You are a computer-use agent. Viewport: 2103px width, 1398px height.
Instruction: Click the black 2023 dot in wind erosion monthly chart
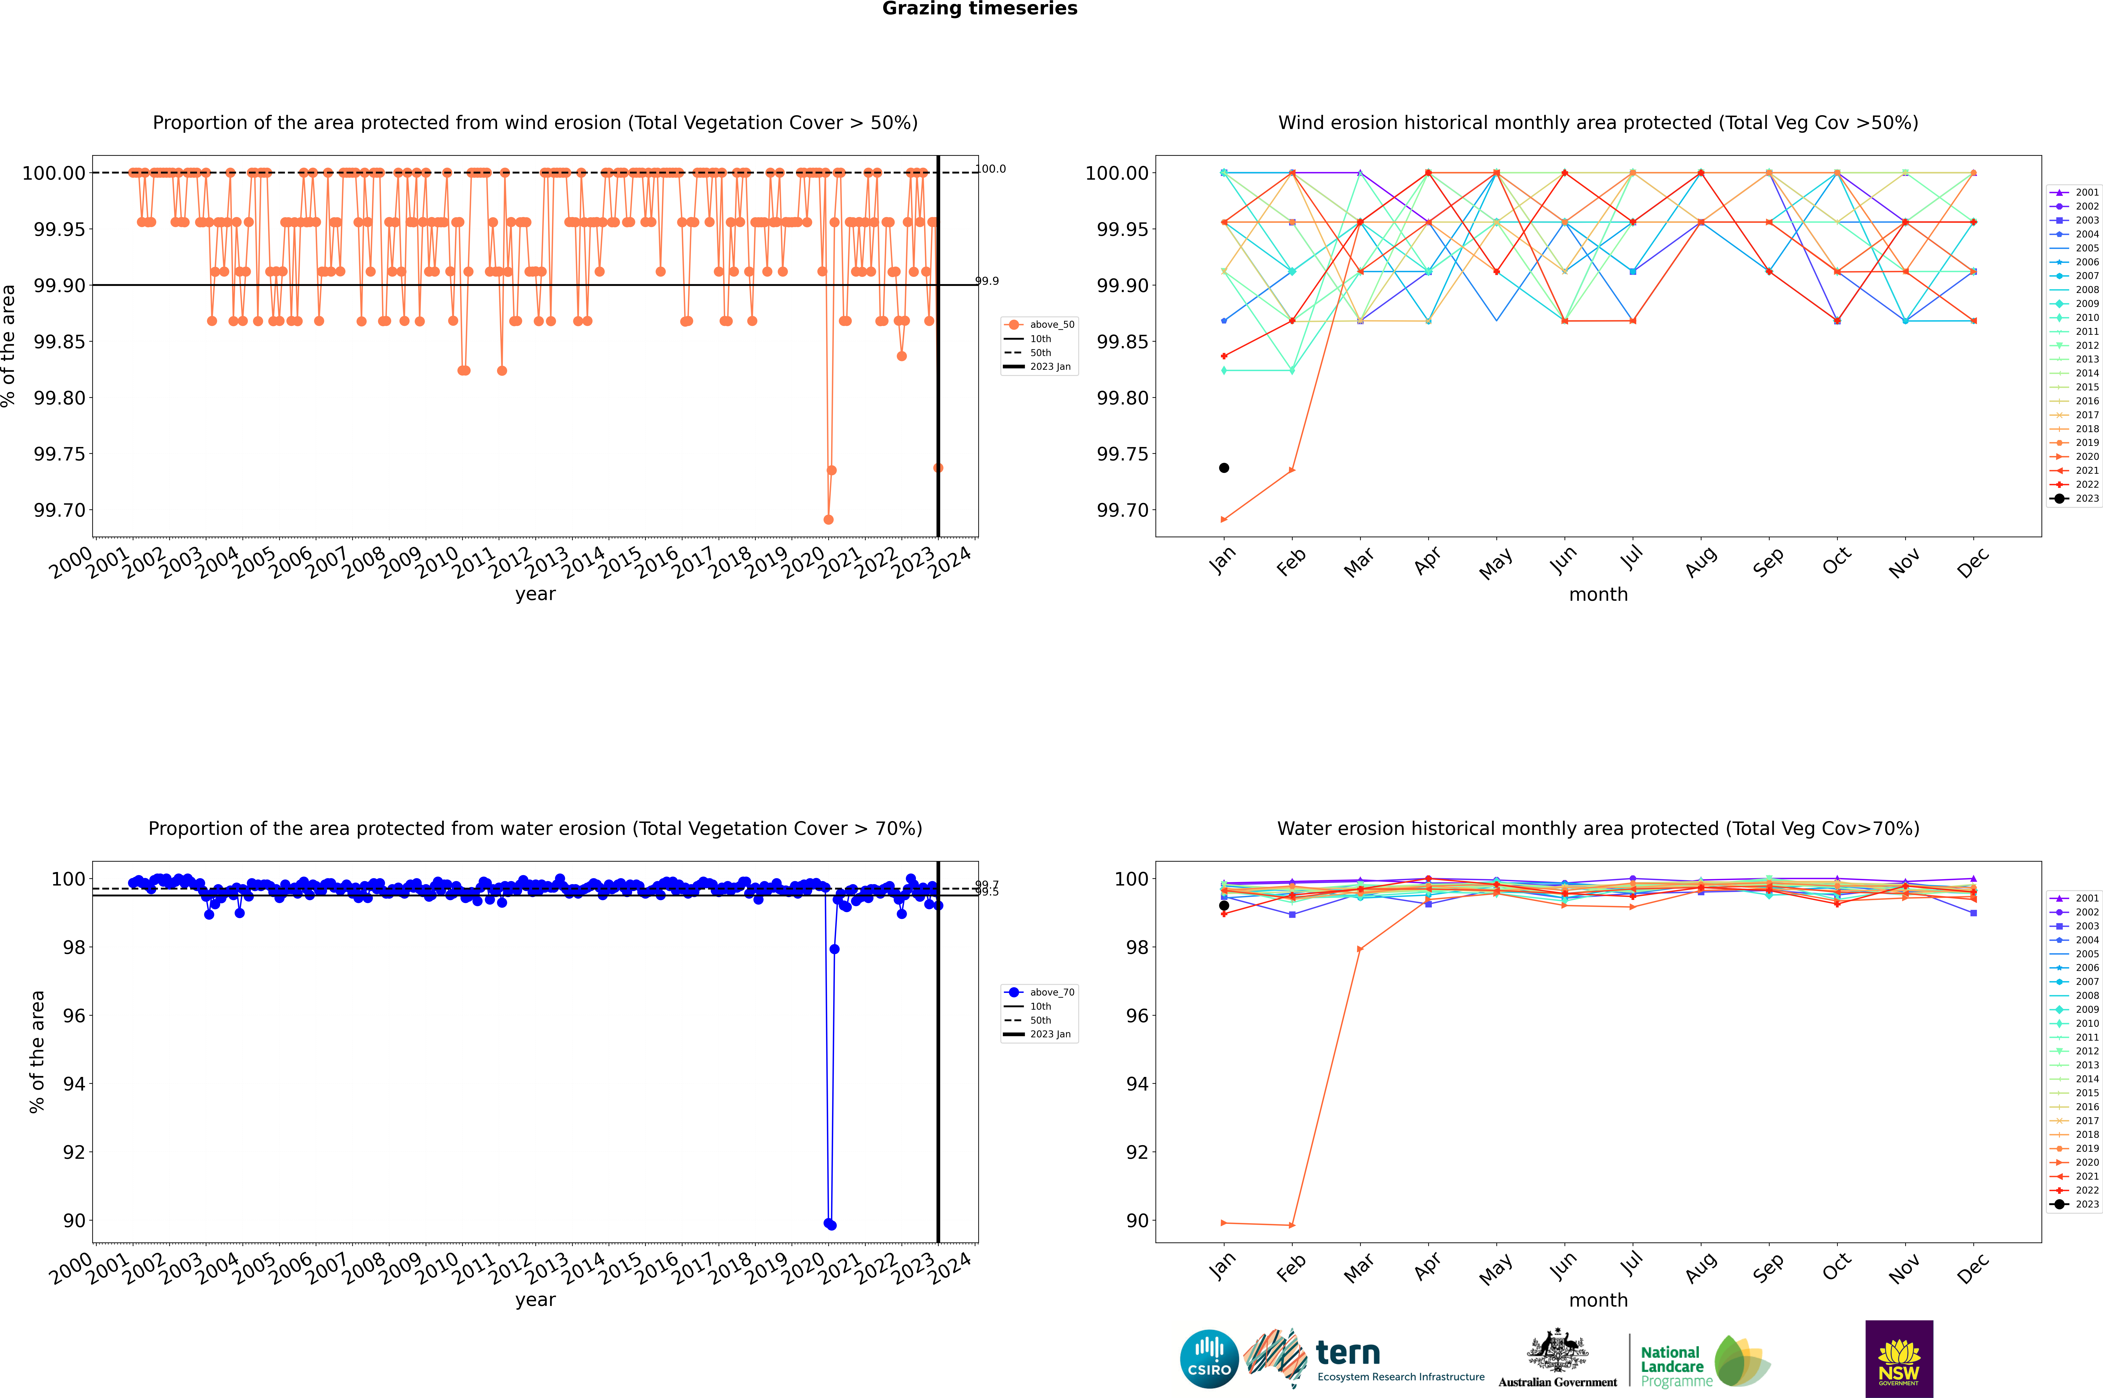(x=1224, y=468)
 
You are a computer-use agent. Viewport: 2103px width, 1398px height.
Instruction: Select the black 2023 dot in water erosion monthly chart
(x=1224, y=906)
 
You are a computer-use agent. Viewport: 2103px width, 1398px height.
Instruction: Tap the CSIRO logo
(x=1209, y=1360)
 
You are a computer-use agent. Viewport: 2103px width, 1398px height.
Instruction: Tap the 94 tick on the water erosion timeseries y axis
(x=74, y=1084)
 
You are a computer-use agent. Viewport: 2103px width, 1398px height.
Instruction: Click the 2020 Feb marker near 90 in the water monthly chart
(x=1292, y=1225)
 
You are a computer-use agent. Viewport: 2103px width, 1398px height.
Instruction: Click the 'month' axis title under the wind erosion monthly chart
(x=1597, y=595)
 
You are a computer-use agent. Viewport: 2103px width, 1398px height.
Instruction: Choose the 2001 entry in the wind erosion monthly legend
(x=2086, y=193)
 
